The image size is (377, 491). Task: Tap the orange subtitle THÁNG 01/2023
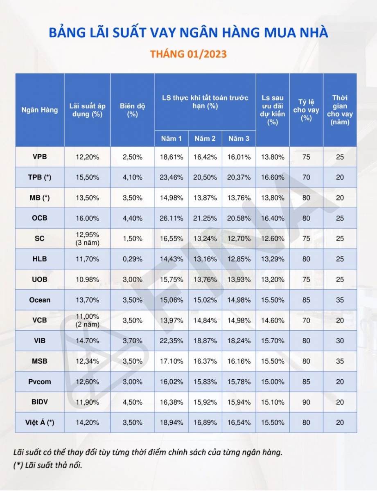[x=188, y=54]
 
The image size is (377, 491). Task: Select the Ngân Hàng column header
[x=40, y=110]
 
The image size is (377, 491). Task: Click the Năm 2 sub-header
[x=205, y=138]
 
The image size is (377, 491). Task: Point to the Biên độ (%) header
[x=132, y=110]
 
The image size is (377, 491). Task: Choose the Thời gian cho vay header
[x=340, y=110]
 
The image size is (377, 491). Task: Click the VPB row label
[x=40, y=157]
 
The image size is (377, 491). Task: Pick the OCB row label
[x=40, y=218]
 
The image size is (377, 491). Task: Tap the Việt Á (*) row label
[x=40, y=423]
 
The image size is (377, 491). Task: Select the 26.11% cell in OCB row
[x=171, y=218]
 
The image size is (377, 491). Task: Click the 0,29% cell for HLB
[x=132, y=259]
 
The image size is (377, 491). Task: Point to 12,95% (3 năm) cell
[x=87, y=239]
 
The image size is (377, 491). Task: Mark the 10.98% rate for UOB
[x=87, y=279]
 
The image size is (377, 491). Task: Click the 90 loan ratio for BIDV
[x=306, y=402]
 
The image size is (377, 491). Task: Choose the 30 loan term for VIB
[x=340, y=341]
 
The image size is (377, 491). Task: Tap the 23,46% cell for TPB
[x=171, y=177]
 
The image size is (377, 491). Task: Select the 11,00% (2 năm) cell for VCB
[x=87, y=320]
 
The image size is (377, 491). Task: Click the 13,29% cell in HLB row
[x=273, y=259]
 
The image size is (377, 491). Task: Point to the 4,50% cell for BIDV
[x=132, y=402]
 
